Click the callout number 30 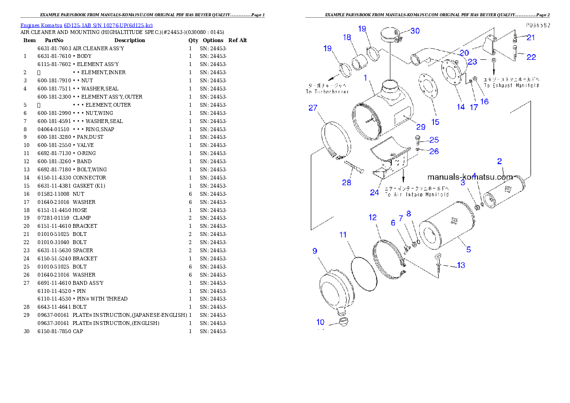(414, 31)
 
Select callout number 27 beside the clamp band (313, 109)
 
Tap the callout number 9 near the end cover (315, 250)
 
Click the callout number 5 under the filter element (468, 249)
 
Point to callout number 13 (460, 265)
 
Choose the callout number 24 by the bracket (374, 192)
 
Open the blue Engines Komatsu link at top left (86, 25)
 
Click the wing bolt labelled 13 (438, 259)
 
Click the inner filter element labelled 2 (504, 192)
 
